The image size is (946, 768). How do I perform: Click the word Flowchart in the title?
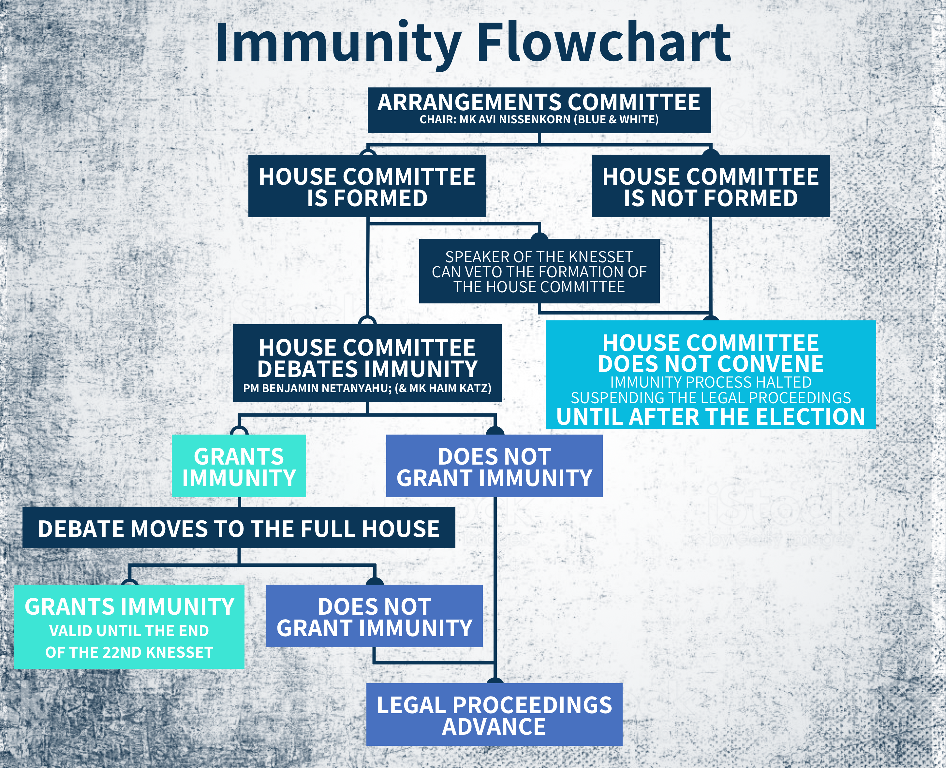pos(604,43)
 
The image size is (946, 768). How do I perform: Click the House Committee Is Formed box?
pos(367,186)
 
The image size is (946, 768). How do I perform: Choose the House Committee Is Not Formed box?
pos(710,186)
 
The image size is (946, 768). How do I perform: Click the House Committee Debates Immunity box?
pos(367,363)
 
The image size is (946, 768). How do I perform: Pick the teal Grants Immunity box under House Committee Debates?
pos(239,466)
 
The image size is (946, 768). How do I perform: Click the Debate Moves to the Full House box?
pos(239,528)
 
